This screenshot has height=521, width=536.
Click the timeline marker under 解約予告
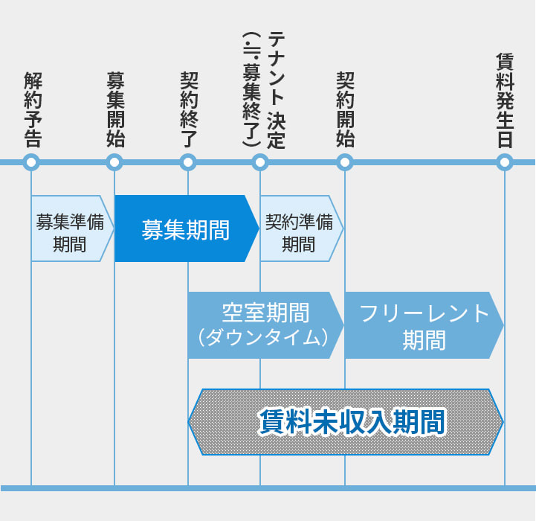point(31,162)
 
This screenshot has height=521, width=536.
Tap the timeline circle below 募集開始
point(114,162)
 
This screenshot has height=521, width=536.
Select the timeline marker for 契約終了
point(188,162)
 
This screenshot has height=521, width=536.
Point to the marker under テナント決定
point(259,162)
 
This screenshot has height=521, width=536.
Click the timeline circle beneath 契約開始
point(345,162)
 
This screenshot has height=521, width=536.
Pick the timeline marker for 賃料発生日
point(505,162)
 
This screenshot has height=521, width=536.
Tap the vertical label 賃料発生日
point(505,100)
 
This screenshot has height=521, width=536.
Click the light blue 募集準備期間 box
point(70,228)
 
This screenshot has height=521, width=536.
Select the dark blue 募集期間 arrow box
point(185,229)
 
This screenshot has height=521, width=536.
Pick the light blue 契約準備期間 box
point(299,228)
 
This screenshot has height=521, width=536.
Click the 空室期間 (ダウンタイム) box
point(264,325)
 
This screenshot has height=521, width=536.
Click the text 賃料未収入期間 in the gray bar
point(351,422)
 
